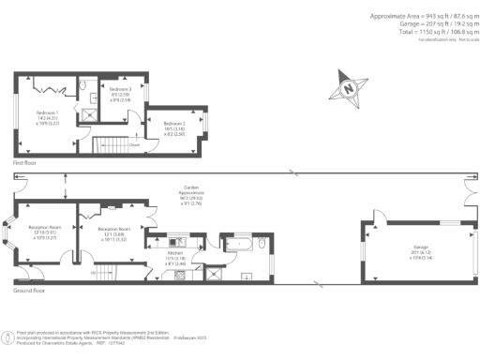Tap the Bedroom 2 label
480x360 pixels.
tap(174, 128)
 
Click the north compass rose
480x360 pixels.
tap(347, 90)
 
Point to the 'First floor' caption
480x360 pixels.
tap(24, 163)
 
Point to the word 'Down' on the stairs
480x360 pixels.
tap(135, 144)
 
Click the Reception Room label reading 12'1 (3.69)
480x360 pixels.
tap(113, 233)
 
